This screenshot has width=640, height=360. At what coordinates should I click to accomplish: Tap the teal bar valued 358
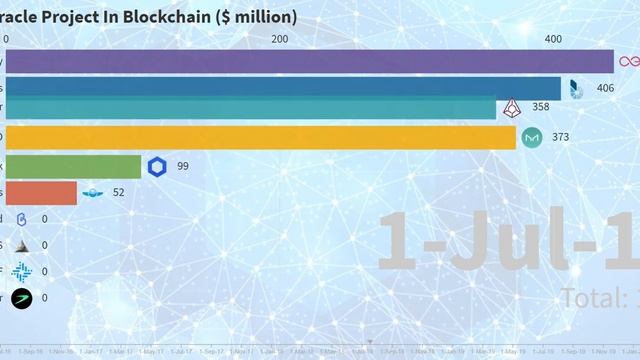coord(250,108)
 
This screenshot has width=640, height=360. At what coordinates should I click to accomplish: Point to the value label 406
coord(605,89)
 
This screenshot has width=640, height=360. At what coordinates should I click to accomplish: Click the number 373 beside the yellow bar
coord(560,137)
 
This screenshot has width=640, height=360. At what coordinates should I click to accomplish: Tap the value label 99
coord(183,166)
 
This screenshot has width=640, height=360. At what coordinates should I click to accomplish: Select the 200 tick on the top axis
coord(280,39)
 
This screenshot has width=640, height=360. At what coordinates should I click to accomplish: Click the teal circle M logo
coord(532,137)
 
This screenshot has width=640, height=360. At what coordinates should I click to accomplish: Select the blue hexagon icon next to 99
coord(157,166)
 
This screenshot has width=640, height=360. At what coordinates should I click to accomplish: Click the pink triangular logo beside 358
coord(513,107)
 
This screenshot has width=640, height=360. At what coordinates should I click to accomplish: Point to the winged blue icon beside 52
coord(93,192)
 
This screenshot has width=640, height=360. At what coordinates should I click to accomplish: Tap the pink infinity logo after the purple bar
coord(629,62)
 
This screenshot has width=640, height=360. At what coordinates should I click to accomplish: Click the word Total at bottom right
coord(591,297)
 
